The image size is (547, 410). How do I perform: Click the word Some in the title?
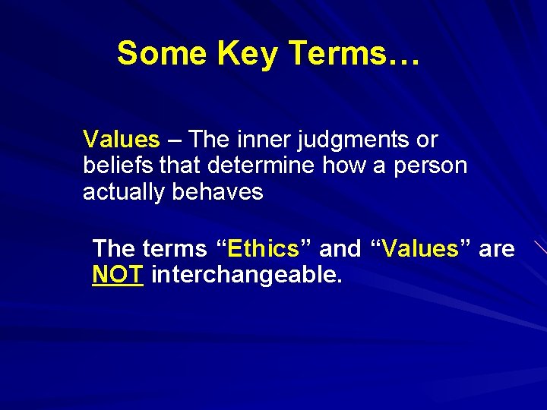pyautogui.click(x=162, y=54)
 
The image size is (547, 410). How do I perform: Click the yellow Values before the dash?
pyautogui.click(x=122, y=140)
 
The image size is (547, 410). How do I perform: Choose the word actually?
pyautogui.click(x=125, y=192)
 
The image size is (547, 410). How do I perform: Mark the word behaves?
pyautogui.click(x=217, y=191)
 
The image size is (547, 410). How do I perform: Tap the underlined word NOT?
pyautogui.click(x=117, y=274)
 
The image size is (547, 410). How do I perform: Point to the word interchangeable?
pyautogui.click(x=247, y=275)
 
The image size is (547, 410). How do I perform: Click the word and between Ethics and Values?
pyautogui.click(x=340, y=248)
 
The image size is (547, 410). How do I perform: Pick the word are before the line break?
pyautogui.click(x=497, y=249)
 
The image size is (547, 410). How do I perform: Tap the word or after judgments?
pyautogui.click(x=428, y=140)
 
